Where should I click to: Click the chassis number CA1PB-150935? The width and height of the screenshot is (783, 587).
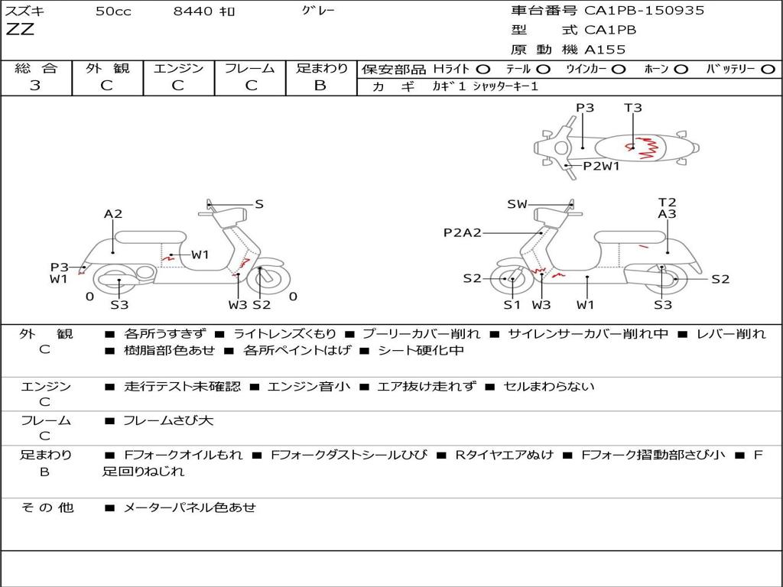(x=644, y=11)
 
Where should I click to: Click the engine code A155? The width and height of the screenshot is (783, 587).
(x=605, y=50)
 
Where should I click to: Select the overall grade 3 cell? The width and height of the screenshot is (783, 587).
(x=35, y=86)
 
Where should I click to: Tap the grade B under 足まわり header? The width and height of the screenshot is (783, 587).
(x=320, y=86)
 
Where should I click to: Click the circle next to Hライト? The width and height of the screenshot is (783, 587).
(x=483, y=70)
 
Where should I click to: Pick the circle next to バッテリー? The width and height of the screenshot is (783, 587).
(x=768, y=70)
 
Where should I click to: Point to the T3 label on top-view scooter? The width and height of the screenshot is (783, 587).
(x=632, y=108)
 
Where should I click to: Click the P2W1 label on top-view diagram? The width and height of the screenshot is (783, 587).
(x=601, y=166)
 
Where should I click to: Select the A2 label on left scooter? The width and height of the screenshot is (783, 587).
(x=113, y=214)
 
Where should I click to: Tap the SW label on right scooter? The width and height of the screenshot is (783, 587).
(x=517, y=204)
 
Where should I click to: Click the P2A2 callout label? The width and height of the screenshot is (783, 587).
(x=463, y=232)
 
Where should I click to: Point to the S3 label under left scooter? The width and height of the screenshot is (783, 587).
(x=119, y=304)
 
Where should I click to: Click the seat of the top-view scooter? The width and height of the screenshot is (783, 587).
(x=631, y=148)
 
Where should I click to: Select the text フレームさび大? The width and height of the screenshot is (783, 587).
(x=168, y=421)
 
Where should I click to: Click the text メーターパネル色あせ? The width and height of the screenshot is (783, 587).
(x=190, y=508)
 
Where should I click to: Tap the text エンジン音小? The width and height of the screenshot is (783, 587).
(x=309, y=387)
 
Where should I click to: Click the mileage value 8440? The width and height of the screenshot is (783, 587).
(x=193, y=11)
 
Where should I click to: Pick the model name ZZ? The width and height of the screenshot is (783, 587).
(x=20, y=29)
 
